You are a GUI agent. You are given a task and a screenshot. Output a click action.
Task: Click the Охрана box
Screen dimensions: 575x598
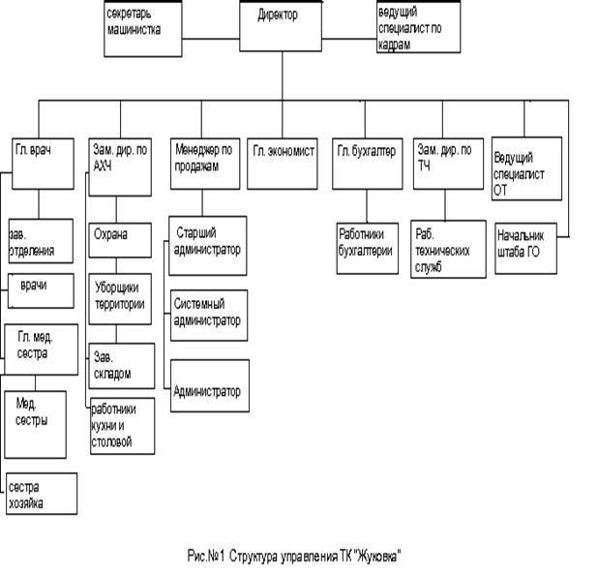[x=120, y=236]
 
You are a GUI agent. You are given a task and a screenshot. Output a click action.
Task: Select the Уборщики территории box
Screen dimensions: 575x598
[x=120, y=296]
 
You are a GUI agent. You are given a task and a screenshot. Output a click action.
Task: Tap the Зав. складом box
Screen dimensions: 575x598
[x=120, y=365]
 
